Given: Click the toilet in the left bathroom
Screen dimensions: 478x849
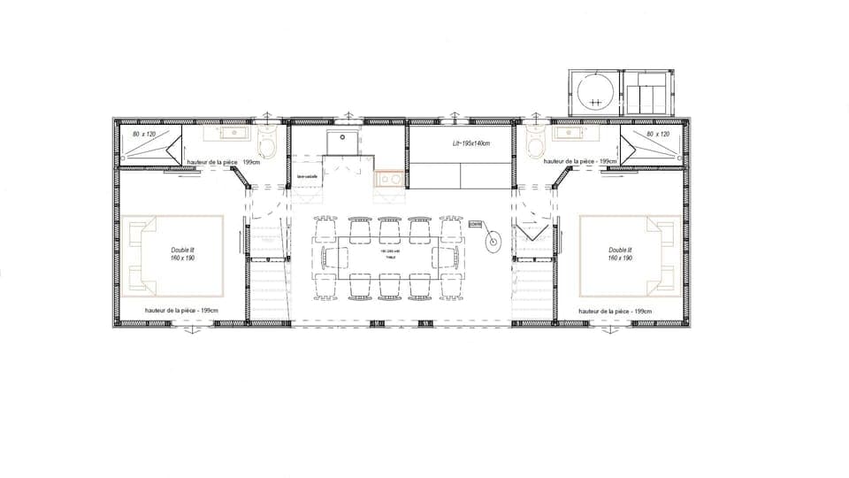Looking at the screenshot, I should coord(271,143).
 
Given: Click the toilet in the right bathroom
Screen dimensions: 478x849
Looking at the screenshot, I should coord(534,143).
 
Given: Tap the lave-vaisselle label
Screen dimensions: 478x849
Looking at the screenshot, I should coord(307,176).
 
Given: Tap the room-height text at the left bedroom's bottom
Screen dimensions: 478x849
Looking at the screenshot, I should coord(181,311).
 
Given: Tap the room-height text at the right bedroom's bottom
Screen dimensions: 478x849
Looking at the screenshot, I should coord(616,311).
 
